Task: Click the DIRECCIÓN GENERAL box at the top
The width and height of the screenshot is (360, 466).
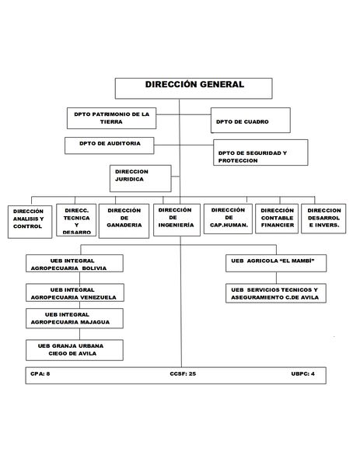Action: (x=194, y=88)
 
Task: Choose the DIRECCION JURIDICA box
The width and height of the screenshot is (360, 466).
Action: (x=141, y=177)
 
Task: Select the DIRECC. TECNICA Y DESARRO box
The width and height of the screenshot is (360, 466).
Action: (x=76, y=220)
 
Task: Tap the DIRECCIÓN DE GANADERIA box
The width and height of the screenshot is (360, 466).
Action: (x=124, y=219)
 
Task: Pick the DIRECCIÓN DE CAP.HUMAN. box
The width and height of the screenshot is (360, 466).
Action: (x=228, y=219)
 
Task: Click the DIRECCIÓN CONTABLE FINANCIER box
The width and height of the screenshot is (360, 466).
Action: (x=278, y=219)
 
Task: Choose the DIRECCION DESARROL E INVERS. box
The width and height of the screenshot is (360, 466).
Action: (x=324, y=219)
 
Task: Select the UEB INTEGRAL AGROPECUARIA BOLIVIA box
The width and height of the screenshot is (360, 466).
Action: (x=75, y=263)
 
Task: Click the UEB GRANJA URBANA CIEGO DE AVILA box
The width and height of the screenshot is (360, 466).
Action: (x=75, y=349)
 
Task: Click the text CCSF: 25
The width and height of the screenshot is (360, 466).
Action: (x=183, y=374)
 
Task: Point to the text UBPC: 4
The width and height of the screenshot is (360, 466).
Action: (x=303, y=374)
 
